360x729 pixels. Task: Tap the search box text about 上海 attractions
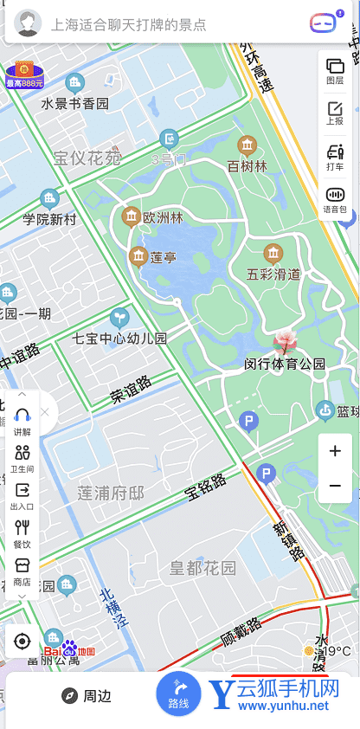(x=130, y=24)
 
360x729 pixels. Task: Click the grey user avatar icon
(x=29, y=23)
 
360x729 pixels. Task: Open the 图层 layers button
(x=335, y=71)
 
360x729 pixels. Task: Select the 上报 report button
(x=335, y=113)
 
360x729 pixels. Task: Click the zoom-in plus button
(x=335, y=451)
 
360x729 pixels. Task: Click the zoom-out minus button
(x=335, y=486)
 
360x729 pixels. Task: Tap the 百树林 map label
(x=247, y=165)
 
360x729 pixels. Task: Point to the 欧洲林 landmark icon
(x=132, y=215)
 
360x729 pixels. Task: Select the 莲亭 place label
(x=164, y=257)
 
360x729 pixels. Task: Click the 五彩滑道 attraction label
(x=273, y=274)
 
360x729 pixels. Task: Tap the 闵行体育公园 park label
(x=285, y=364)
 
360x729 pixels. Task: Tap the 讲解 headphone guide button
(x=22, y=421)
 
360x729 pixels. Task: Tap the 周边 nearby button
(x=87, y=696)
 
